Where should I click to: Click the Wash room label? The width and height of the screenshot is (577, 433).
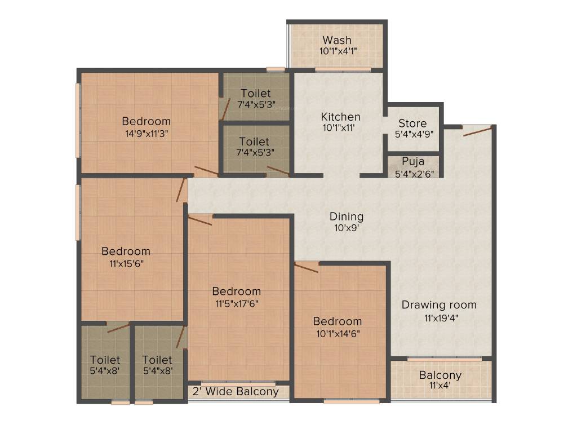coord(337,40)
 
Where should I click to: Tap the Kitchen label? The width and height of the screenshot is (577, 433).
coord(340,117)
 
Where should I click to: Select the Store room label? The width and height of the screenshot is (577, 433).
coord(412,123)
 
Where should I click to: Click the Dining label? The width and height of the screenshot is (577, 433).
coord(347,216)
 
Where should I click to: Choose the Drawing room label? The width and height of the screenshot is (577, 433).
coord(439,305)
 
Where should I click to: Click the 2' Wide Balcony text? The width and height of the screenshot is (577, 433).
coord(236,391)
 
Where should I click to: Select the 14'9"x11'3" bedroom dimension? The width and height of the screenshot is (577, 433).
coord(146,133)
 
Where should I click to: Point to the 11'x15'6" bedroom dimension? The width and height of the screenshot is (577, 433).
coord(126,263)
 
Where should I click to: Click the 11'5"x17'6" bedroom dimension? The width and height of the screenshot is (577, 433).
coord(236,303)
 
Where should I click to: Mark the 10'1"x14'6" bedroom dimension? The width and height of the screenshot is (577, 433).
coord(338,333)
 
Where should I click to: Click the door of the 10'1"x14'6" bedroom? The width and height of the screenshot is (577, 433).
coord(307,267)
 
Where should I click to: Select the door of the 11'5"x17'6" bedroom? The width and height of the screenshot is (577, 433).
coord(200,220)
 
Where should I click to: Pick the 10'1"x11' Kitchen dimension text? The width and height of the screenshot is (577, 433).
coord(340,129)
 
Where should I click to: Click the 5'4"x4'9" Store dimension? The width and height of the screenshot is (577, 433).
coord(412,135)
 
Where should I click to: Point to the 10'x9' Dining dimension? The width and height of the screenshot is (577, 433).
coord(346,228)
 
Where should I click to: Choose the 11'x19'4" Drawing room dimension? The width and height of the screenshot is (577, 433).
coord(439,317)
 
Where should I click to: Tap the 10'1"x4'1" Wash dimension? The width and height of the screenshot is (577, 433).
coord(337,51)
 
